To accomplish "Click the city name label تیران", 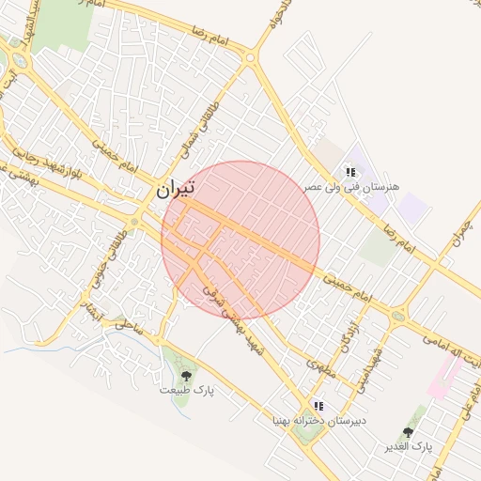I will (x=175, y=188).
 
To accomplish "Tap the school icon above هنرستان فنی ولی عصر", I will (x=350, y=172).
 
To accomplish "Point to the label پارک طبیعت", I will (x=187, y=389).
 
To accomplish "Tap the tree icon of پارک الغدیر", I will (x=408, y=432).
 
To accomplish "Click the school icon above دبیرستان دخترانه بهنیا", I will (x=318, y=406).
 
